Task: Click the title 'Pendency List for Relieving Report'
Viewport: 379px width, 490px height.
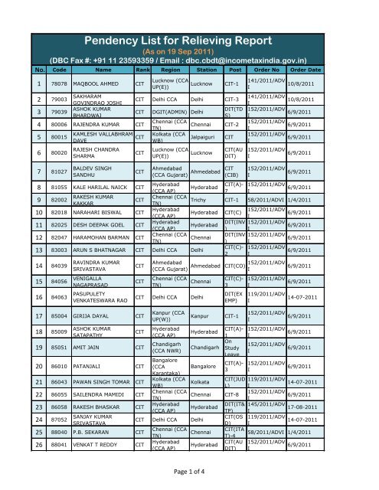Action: tap(189, 39)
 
